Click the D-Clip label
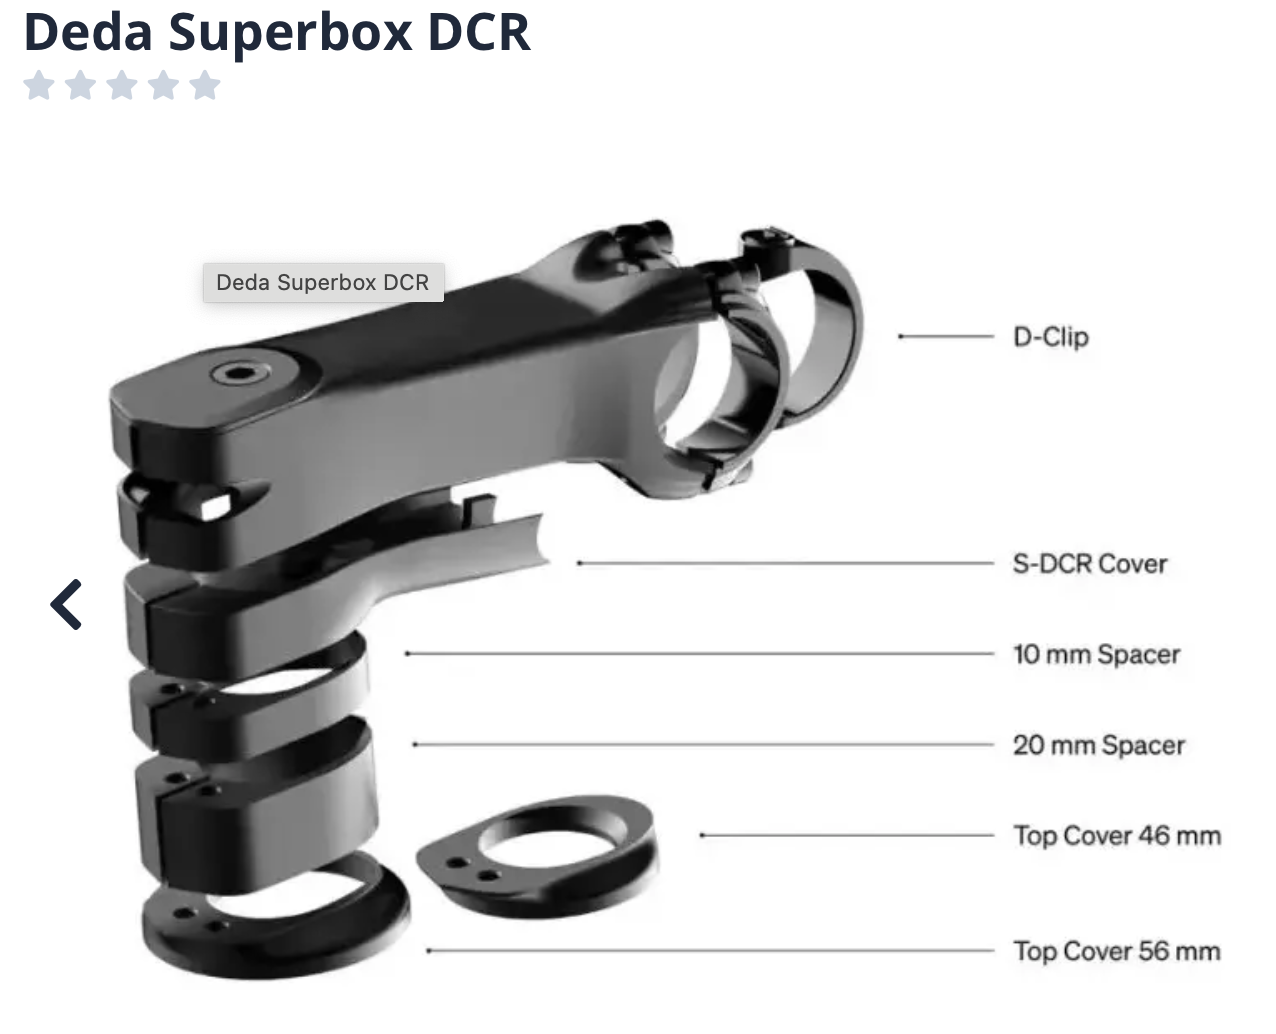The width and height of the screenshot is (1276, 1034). click(x=1050, y=337)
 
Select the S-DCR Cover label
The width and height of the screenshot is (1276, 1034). click(x=1089, y=564)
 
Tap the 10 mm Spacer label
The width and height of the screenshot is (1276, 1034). click(x=1096, y=655)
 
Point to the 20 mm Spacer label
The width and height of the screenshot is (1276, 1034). click(x=1098, y=745)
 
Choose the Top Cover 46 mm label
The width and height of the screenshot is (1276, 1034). click(x=1116, y=836)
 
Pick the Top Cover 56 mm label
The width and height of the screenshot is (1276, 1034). click(x=1116, y=951)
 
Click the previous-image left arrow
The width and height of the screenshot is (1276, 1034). click(x=66, y=604)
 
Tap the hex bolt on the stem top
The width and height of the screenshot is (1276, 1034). click(x=239, y=374)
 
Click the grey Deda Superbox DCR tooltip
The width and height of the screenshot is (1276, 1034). click(x=322, y=283)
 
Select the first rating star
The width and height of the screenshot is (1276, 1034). click(x=39, y=85)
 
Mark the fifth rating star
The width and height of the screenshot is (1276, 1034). click(x=204, y=85)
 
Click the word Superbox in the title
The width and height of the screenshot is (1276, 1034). click(x=289, y=31)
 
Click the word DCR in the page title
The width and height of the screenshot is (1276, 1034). click(x=479, y=31)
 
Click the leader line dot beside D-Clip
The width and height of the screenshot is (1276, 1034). click(x=901, y=337)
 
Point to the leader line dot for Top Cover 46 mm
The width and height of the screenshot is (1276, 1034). click(x=703, y=835)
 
